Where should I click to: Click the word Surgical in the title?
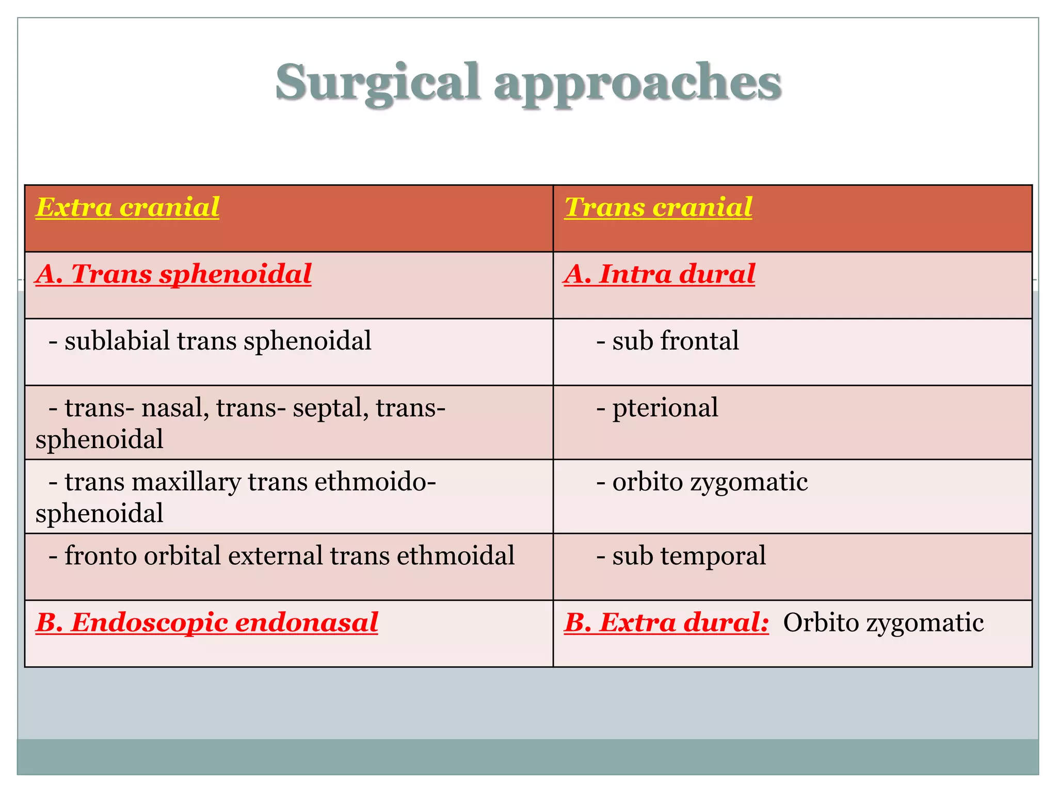tap(377, 83)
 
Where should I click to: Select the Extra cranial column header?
tap(127, 208)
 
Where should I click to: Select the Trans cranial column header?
tap(658, 208)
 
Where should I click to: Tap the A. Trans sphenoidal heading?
tap(174, 274)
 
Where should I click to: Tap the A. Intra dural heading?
tap(659, 274)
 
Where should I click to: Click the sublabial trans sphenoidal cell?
tap(210, 341)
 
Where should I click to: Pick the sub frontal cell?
tap(667, 341)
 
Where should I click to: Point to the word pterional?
tap(665, 408)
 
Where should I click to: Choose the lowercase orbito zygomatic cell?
tap(702, 482)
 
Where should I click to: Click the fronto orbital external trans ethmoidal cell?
tap(282, 556)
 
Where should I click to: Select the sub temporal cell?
tap(681, 556)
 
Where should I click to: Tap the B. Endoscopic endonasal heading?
tap(207, 623)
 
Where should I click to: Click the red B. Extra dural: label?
tap(666, 623)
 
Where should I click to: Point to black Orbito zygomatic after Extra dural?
tap(883, 623)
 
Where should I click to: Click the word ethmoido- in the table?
tap(375, 482)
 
